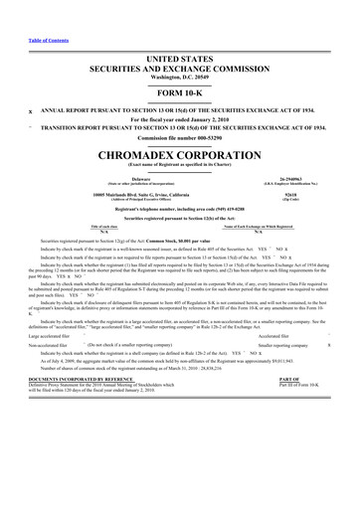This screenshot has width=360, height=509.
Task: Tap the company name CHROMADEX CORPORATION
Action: pyautogui.click(x=180, y=157)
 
